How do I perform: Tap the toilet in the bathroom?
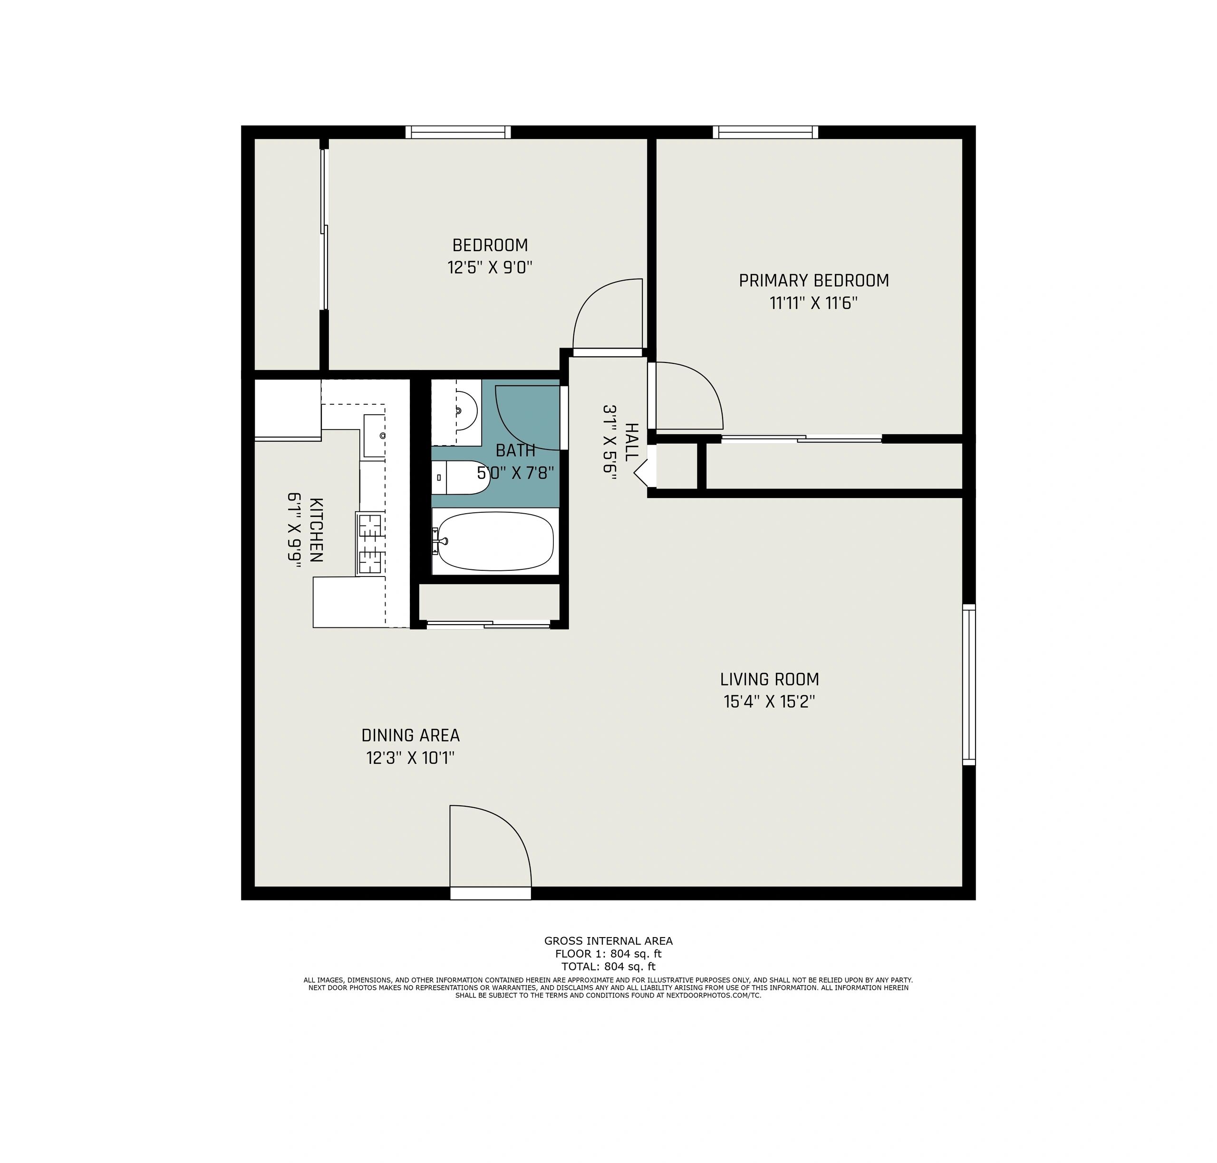pyautogui.click(x=460, y=478)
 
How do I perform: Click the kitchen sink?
pyautogui.click(x=374, y=435)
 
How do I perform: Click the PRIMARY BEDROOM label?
pyautogui.click(x=813, y=281)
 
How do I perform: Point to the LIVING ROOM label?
pyautogui.click(x=769, y=679)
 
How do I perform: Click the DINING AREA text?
pyautogui.click(x=410, y=735)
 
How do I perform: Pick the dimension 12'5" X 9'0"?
pyautogui.click(x=490, y=268)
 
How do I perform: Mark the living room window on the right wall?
pyautogui.click(x=968, y=684)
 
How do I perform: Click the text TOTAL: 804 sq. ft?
pyautogui.click(x=608, y=966)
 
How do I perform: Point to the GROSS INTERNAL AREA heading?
pyautogui.click(x=608, y=941)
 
